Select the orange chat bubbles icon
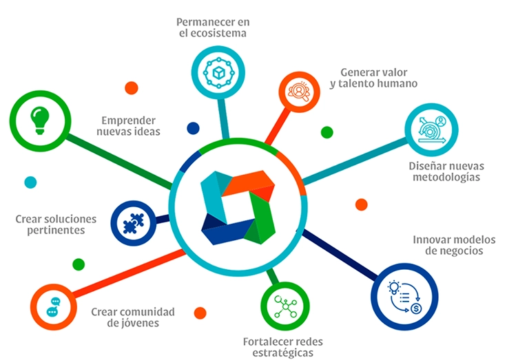(x=53, y=306)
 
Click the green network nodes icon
(x=284, y=306)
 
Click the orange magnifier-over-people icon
(x=300, y=92)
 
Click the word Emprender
(x=129, y=118)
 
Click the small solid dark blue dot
(x=194, y=128)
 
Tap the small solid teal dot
(x=30, y=182)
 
